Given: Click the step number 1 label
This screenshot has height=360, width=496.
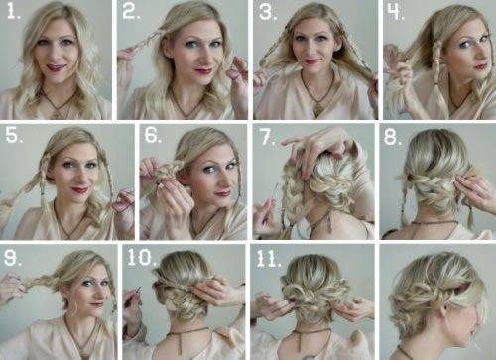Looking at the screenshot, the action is pos(14,12).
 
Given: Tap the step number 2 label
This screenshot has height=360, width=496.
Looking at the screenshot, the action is pos(131,12).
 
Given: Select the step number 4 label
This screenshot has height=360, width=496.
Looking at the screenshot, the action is pos(396,13).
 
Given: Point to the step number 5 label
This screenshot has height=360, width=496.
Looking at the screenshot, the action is pos(14,135).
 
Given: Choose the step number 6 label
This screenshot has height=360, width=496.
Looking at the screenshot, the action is pos(153,135).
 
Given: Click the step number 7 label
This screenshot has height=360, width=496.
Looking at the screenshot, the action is pos(268,137).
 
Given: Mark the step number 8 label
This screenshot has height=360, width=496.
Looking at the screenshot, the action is pos(393,136).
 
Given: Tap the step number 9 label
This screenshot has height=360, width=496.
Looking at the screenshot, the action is pos(13,258).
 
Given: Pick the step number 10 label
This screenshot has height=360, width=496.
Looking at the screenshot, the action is pos(142,257).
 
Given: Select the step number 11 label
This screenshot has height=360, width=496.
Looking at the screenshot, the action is pos(269,260).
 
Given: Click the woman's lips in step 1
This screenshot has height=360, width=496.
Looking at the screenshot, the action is pos(55,67).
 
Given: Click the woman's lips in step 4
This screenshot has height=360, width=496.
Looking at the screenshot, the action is pos(481,66).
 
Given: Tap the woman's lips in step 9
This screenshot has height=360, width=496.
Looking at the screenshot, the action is pos(96,303).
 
